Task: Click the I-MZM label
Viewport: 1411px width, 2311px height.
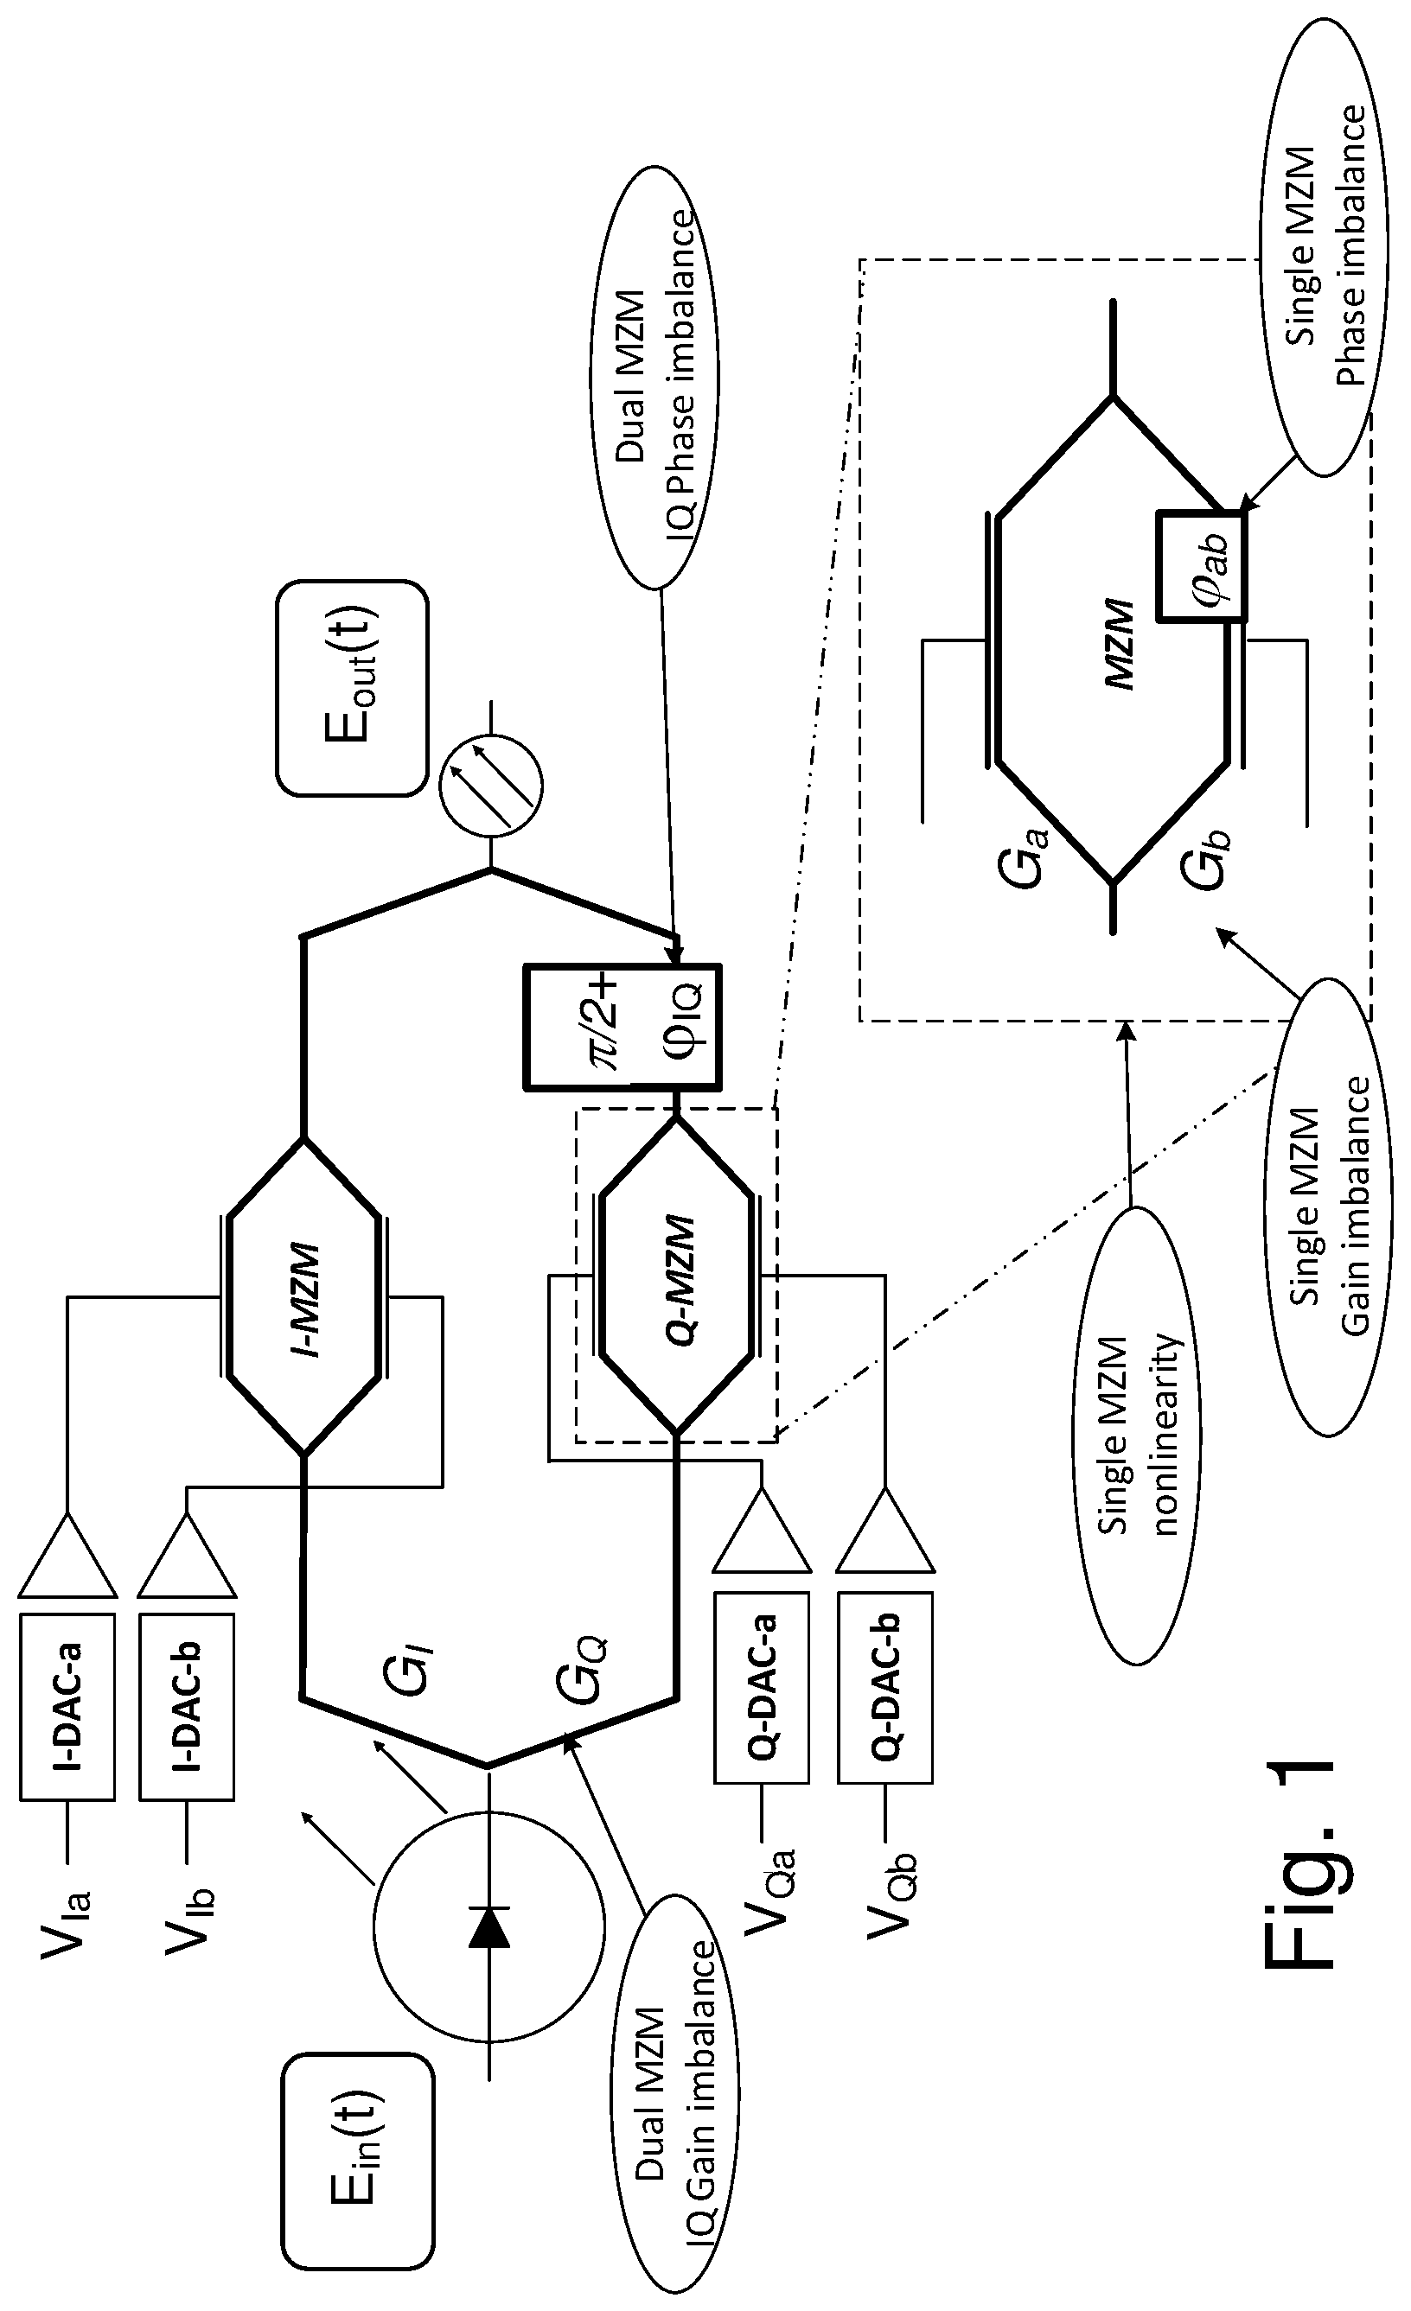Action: pos(303,1299)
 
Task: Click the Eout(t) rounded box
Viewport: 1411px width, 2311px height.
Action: pos(352,686)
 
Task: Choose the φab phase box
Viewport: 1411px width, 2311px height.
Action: pos(1202,564)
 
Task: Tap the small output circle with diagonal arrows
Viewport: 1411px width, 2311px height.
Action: pos(491,780)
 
